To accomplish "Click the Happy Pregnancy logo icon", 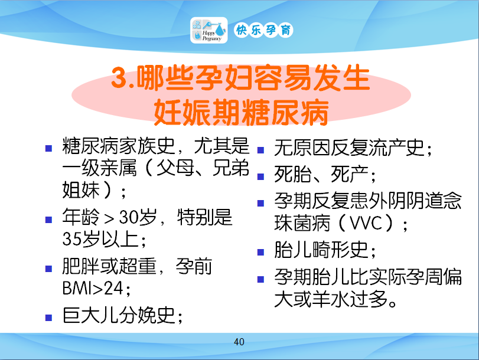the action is [209, 30].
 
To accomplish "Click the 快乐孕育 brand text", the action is [263, 30].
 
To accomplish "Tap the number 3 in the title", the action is [119, 78].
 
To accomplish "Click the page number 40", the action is [239, 342].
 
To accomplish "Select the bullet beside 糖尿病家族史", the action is [48, 148].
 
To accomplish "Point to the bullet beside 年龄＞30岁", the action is [48, 220].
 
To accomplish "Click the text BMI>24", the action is [93, 288].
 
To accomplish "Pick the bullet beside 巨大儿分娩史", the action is [48, 318].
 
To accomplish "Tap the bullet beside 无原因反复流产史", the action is [260, 150].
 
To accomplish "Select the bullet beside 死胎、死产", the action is [260, 176].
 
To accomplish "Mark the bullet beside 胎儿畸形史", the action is [260, 252].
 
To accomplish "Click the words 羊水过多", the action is [350, 299].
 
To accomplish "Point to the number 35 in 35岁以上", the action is [72, 239].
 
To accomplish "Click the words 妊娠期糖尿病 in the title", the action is [242, 112].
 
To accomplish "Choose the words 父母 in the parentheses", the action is [175, 168].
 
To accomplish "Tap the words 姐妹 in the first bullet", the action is [81, 189].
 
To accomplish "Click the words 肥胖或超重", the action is [109, 266].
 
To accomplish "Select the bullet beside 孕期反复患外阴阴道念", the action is [260, 203].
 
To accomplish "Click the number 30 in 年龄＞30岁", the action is [128, 217].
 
